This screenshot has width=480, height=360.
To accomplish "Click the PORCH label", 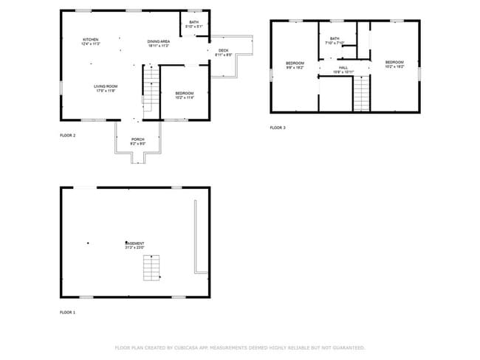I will [x=137, y=141].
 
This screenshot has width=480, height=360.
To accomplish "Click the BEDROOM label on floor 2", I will [x=184, y=94].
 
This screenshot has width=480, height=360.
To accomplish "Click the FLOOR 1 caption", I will [x=67, y=313].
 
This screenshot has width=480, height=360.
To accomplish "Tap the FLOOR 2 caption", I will [x=67, y=136].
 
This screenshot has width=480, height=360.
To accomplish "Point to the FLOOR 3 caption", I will [x=277, y=128].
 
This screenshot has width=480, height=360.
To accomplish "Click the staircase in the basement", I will [x=151, y=267].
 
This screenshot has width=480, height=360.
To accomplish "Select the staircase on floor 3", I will [x=360, y=94].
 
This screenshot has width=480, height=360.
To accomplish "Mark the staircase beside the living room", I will [x=151, y=87].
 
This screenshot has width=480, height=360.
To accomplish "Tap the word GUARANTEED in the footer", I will [x=348, y=347].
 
